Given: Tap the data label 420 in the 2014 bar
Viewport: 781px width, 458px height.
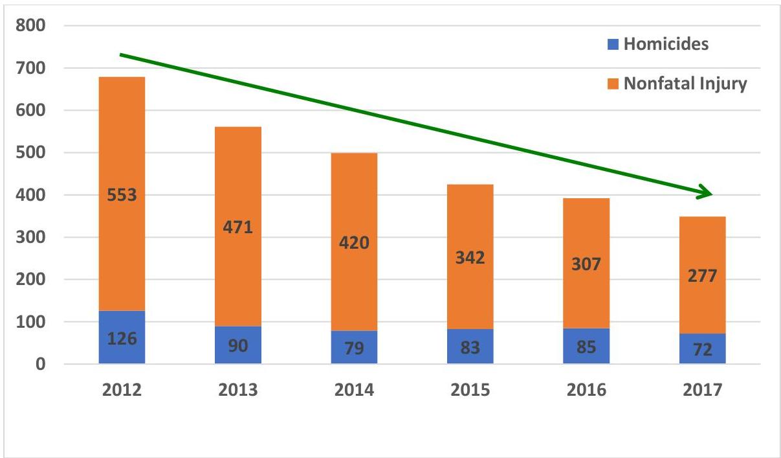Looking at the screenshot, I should [354, 243].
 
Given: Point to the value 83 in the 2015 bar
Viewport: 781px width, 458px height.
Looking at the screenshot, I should [470, 348].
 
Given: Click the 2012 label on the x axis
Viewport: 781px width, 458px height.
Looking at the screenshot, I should [122, 390].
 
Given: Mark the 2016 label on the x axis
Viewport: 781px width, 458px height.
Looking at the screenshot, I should [586, 390].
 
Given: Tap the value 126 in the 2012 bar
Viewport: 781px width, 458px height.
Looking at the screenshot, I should [122, 338].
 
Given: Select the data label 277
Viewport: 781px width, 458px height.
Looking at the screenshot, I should [702, 277].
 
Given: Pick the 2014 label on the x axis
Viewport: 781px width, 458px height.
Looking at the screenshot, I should [354, 390].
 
